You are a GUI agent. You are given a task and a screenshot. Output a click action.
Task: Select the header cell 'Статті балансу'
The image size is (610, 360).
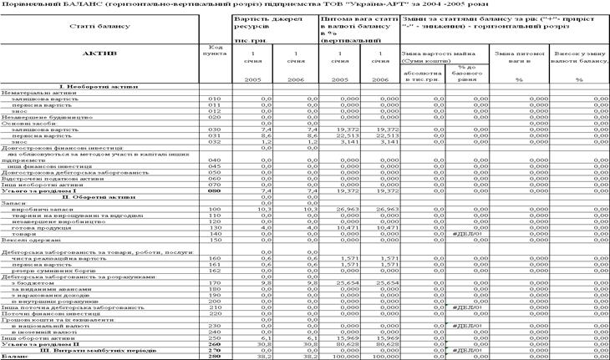pos(99,25)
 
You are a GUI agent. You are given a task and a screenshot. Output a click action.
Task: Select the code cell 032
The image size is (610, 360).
pos(214,141)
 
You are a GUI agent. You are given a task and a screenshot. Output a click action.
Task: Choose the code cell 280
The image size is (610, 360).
pos(214,355)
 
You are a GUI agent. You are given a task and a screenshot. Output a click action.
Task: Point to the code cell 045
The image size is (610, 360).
pos(214,165)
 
